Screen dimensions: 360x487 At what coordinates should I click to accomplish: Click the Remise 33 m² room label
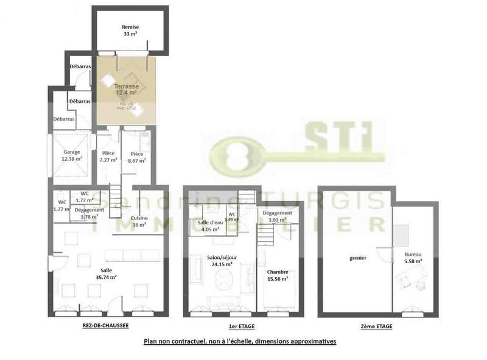[x=130, y=30]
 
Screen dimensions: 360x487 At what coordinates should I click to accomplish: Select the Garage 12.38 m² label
[x=72, y=155]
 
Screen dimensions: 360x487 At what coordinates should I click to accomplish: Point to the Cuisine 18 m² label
[x=139, y=221]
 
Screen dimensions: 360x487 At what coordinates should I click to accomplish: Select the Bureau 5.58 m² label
[x=413, y=257]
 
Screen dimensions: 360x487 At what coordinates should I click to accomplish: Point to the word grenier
[x=358, y=258]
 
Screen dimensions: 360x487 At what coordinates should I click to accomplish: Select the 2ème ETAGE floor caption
[x=377, y=326]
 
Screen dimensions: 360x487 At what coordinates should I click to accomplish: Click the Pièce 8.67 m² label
[x=136, y=157]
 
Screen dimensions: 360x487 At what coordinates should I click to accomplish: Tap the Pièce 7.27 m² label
[x=108, y=157]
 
